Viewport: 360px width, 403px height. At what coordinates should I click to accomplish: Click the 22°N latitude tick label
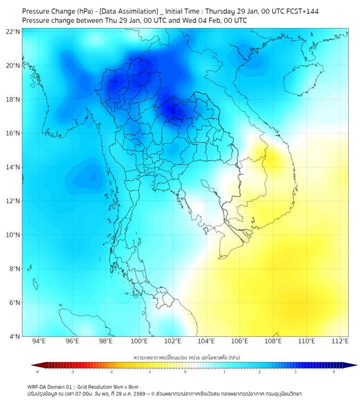tap(13, 31)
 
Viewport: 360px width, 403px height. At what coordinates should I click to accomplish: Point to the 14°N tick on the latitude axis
tap(13, 167)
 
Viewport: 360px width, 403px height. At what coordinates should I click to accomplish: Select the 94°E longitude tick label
tap(39, 341)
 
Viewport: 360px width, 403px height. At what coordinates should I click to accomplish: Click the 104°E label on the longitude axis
tap(206, 341)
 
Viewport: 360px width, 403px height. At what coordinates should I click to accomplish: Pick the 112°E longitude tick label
tap(340, 341)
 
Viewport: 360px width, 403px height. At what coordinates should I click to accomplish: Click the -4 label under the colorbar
tap(37, 372)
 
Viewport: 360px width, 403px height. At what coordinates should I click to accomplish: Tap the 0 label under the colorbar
tap(185, 372)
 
